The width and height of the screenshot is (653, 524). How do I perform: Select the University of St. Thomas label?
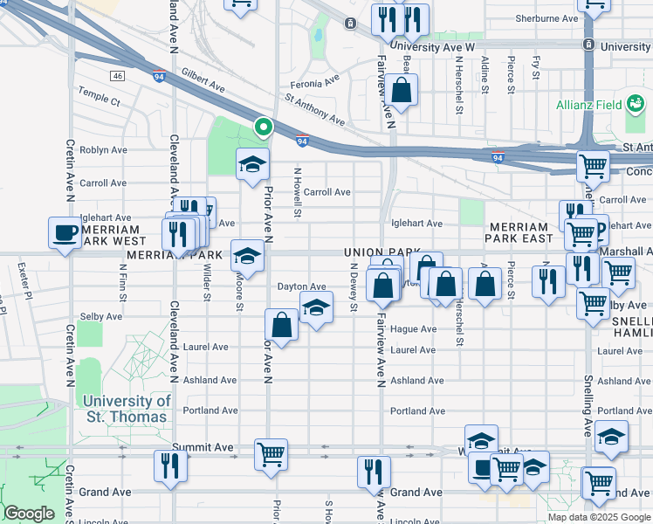(127, 409)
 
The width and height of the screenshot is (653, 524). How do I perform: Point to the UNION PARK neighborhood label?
(376, 252)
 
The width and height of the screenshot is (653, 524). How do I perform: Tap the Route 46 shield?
(118, 77)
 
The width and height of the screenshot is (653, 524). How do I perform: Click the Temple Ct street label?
(99, 100)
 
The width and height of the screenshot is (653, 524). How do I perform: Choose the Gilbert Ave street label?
(204, 84)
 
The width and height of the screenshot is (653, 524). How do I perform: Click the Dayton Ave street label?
(301, 286)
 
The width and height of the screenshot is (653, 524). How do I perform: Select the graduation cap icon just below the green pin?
(252, 164)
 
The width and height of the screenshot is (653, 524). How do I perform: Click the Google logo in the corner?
(29, 514)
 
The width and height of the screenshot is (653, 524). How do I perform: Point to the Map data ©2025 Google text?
(599, 517)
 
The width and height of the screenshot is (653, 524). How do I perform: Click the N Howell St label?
(297, 193)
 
